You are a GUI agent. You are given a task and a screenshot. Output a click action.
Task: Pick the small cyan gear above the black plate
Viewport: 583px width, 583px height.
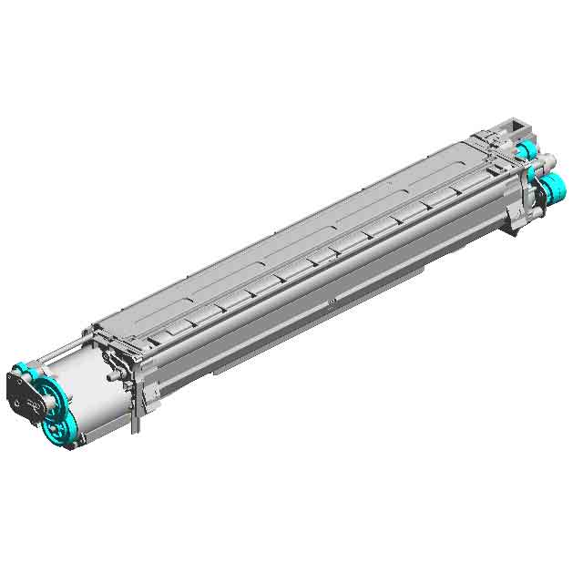[x=25, y=369]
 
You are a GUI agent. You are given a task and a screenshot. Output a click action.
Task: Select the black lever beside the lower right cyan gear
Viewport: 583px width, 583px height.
[x=538, y=197]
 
